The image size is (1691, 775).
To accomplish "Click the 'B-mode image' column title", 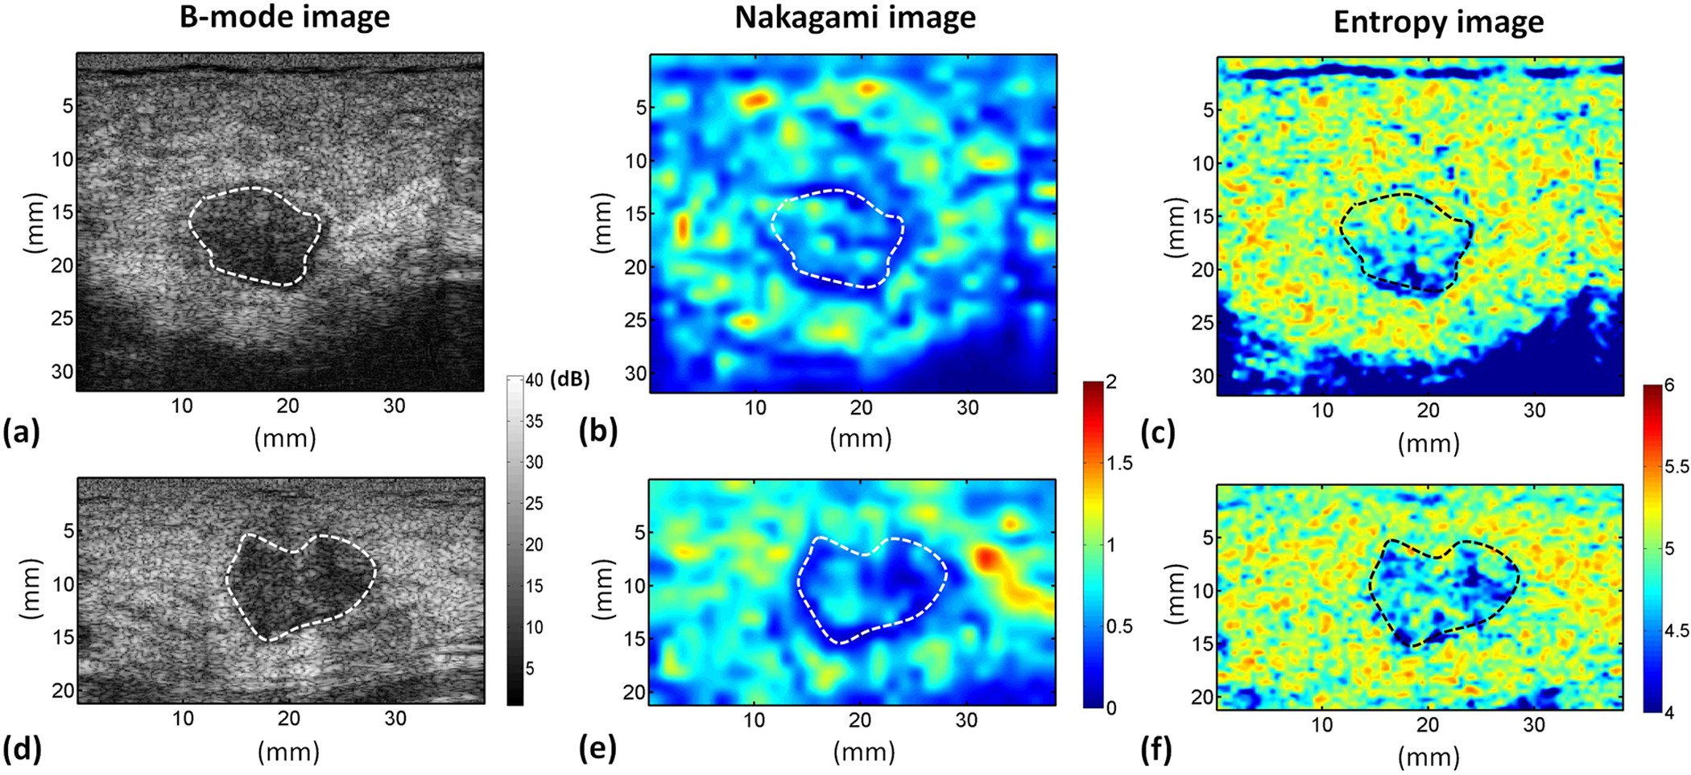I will pyautogui.click(x=284, y=17).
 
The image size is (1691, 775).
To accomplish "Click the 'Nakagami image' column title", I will pyautogui.click(x=854, y=17).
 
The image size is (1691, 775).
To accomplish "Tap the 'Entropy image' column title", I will pyautogui.click(x=1438, y=22).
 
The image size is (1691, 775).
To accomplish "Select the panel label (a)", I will pyautogui.click(x=21, y=432).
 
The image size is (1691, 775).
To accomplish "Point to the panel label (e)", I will pyautogui.click(x=597, y=748).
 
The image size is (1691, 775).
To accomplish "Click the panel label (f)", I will pyautogui.click(x=1156, y=750).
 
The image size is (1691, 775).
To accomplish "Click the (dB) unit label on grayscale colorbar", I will pyautogui.click(x=570, y=380).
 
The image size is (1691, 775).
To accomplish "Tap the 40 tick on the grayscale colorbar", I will pyautogui.click(x=534, y=381).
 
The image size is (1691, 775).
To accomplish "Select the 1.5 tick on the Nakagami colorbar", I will pyautogui.click(x=1119, y=463).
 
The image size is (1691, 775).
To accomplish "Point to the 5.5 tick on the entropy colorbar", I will pyautogui.click(x=1677, y=467).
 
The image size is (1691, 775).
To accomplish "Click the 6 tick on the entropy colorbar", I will pyautogui.click(x=1669, y=385).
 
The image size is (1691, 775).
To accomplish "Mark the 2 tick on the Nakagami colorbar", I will pyautogui.click(x=1111, y=381).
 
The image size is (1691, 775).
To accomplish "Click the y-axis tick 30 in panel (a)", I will pyautogui.click(x=62, y=371).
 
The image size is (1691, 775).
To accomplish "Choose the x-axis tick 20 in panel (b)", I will pyautogui.click(x=861, y=408).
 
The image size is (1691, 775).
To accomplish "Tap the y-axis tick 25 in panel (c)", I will pyautogui.click(x=1202, y=323).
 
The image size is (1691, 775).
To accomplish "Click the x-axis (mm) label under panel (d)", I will pyautogui.click(x=288, y=752).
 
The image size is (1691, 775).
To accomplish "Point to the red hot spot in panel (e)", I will pyautogui.click(x=987, y=558).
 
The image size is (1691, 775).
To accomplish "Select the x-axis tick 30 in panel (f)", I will pyautogui.click(x=1534, y=724).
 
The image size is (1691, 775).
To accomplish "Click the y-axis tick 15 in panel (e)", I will pyautogui.click(x=635, y=639).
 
